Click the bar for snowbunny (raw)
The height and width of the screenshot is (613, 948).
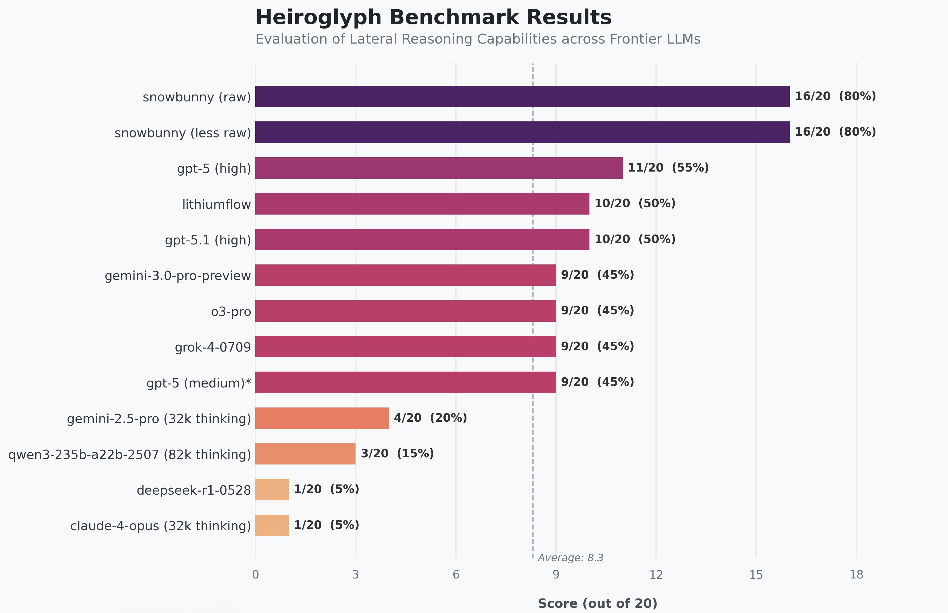[522, 96]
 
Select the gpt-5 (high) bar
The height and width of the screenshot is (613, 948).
[439, 168]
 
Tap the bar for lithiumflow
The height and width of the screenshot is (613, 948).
[422, 204]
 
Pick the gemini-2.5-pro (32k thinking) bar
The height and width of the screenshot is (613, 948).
[322, 418]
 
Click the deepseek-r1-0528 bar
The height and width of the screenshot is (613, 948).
[272, 490]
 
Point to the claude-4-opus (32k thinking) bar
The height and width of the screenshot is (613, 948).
[272, 525]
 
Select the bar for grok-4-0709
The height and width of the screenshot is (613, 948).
[405, 347]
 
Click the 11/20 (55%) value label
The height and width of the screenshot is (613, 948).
[668, 168]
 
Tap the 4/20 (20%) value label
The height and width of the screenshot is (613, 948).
[430, 418]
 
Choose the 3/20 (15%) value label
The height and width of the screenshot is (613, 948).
[397, 454]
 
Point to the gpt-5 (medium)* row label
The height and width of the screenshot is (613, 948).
[199, 383]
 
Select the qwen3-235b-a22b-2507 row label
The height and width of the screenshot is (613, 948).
[130, 455]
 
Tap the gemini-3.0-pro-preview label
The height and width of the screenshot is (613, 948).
[177, 276]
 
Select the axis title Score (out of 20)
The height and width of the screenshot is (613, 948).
[597, 603]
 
